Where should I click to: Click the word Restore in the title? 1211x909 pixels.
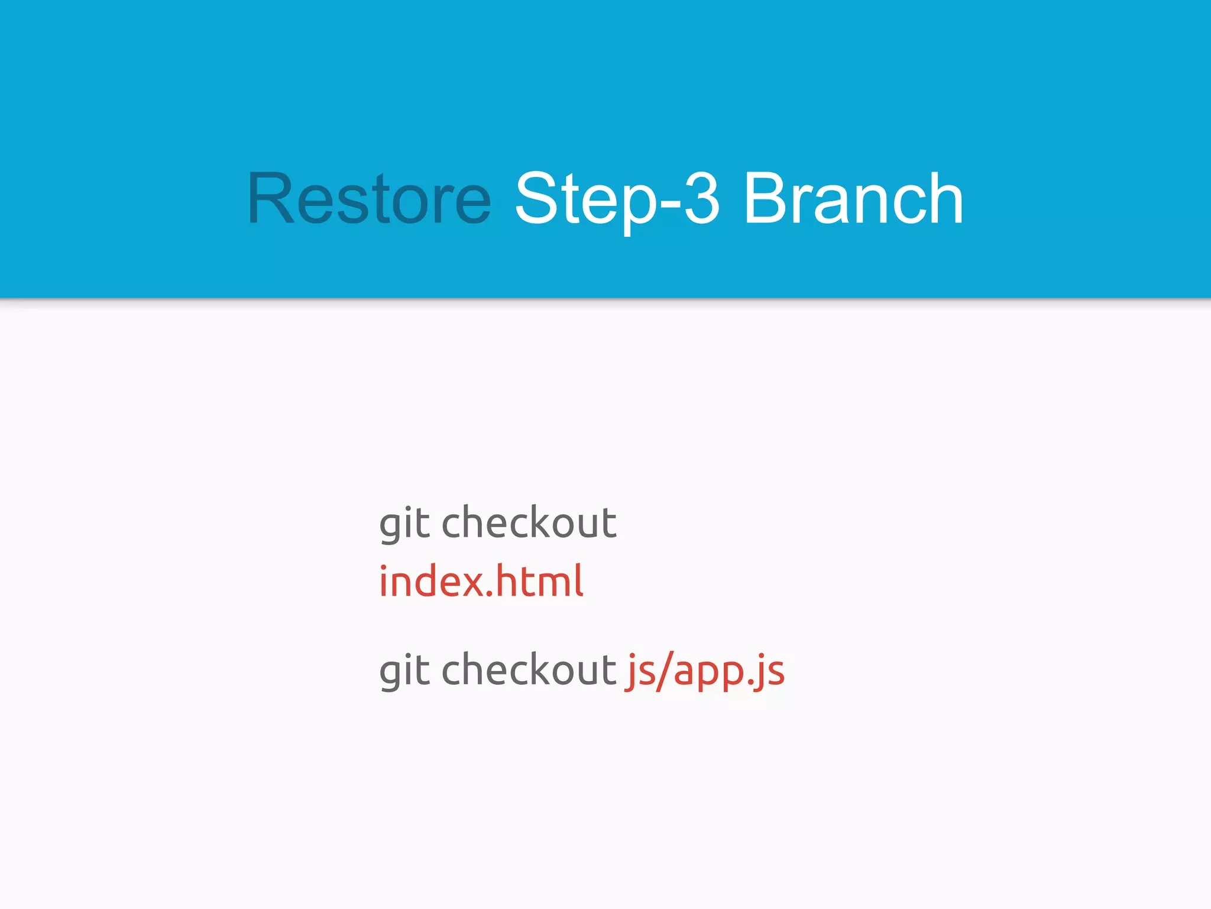(x=369, y=199)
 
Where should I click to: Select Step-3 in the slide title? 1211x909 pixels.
(x=617, y=199)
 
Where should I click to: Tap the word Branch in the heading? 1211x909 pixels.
(x=853, y=199)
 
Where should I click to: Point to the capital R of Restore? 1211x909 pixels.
(x=270, y=199)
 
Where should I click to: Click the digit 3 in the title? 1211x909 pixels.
(x=702, y=199)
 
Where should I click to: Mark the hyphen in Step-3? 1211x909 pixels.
(x=670, y=204)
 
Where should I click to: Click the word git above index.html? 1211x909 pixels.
(x=404, y=524)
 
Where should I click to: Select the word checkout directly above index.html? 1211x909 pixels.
(x=529, y=524)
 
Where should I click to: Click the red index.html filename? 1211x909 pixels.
(x=481, y=582)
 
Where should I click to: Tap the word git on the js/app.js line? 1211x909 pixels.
(x=404, y=671)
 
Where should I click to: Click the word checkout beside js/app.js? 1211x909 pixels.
(x=529, y=671)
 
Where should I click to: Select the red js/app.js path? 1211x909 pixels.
(x=705, y=671)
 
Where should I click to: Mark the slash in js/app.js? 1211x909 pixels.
(x=665, y=671)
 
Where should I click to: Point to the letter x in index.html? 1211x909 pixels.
(x=471, y=584)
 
